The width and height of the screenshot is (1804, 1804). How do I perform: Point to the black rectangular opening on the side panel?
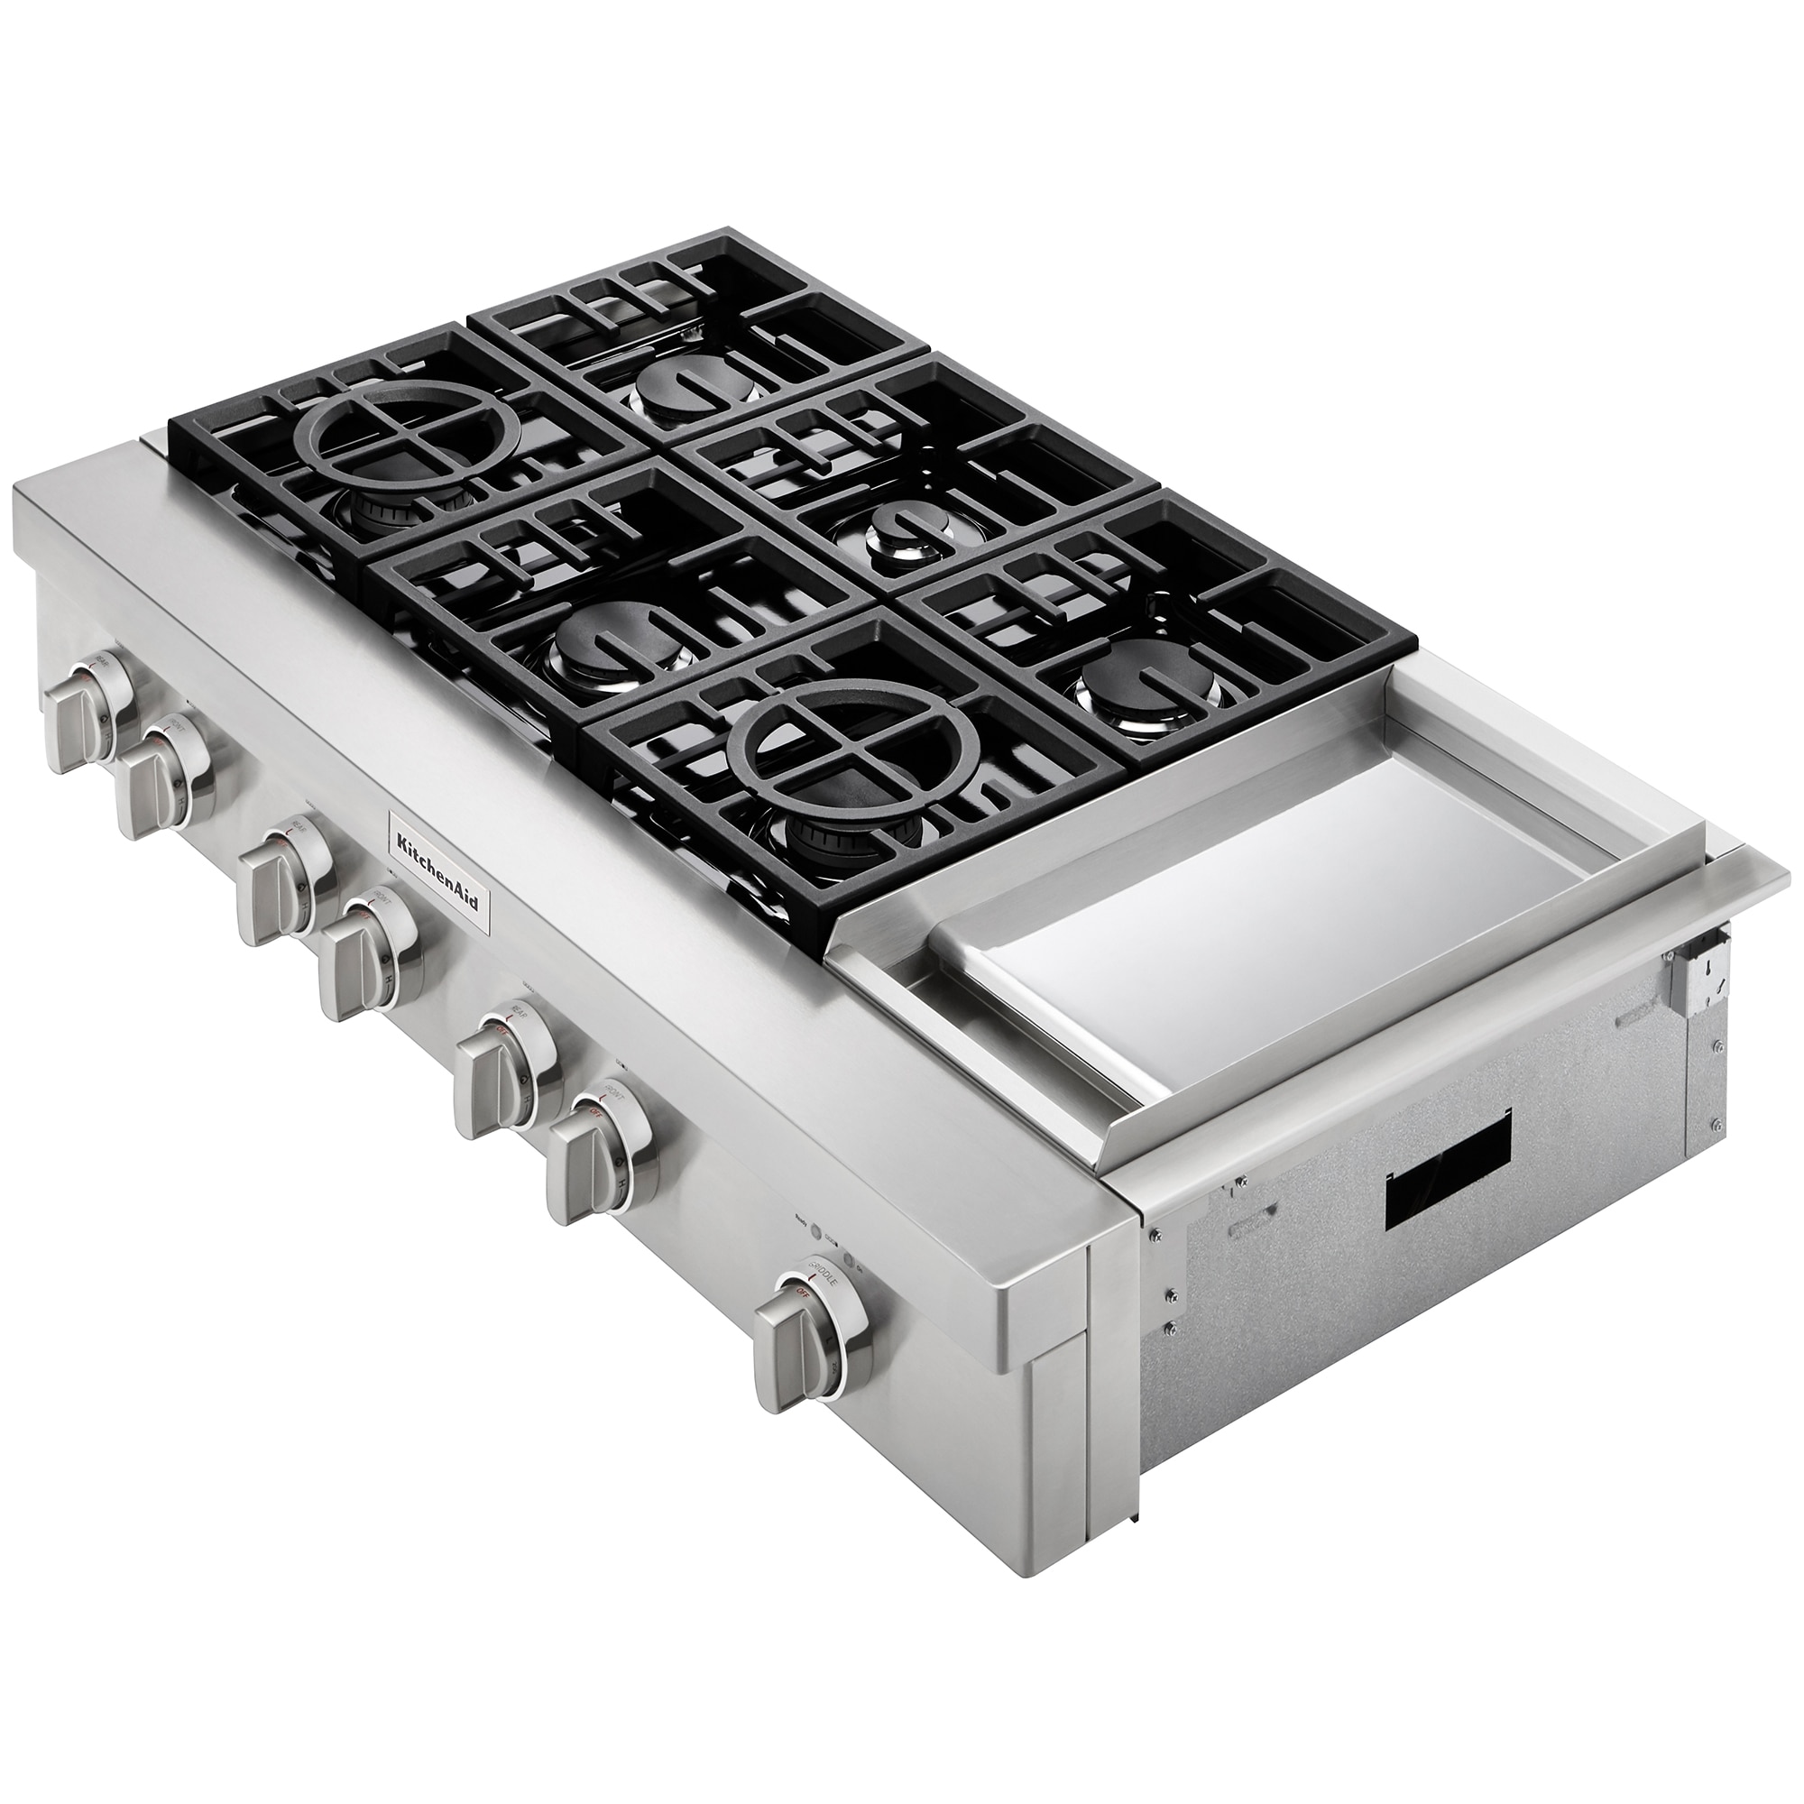(1448, 1159)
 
